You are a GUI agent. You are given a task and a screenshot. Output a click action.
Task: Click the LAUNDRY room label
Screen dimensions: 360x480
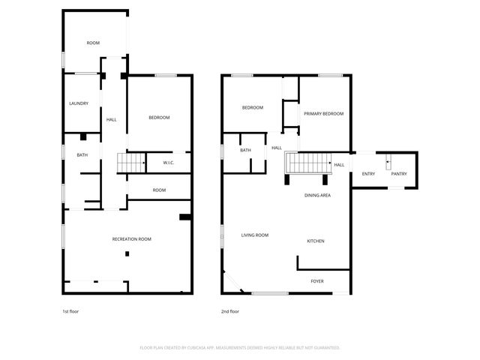pos(79,103)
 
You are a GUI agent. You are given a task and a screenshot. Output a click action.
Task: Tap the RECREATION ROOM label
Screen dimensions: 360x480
pos(131,238)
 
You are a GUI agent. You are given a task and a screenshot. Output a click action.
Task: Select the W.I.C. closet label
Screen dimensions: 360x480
pos(169,162)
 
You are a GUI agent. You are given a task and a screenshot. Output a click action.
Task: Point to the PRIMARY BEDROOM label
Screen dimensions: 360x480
pos(323,113)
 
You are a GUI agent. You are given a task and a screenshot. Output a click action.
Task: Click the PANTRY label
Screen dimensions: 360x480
pos(399,174)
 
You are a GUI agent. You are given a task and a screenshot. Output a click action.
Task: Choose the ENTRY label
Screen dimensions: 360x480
pos(368,174)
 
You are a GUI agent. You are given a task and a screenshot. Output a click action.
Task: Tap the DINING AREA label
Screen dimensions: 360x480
pos(317,195)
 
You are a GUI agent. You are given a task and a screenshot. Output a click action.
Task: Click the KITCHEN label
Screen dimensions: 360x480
pos(315,241)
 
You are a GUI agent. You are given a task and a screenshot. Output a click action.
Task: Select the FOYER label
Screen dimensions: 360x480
pos(317,281)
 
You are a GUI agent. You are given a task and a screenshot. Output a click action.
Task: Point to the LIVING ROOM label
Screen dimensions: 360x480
pos(255,235)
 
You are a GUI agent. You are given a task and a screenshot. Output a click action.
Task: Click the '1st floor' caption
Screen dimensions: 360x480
pos(70,311)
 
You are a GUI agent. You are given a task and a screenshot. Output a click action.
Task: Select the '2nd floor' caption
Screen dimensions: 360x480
pos(229,311)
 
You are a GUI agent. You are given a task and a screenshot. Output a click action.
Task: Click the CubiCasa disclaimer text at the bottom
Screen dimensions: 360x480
pos(240,347)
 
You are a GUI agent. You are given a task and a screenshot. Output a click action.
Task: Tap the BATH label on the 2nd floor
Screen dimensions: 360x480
pos(245,150)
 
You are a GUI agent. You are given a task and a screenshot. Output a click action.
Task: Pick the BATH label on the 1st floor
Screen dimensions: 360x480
pos(82,155)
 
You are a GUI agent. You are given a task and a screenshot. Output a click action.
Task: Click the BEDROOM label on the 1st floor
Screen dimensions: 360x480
pos(159,118)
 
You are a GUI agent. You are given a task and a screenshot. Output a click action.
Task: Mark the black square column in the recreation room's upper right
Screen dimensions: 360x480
pos(184,217)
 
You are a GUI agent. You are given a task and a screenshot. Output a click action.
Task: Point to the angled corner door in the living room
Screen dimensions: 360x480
pos(232,282)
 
